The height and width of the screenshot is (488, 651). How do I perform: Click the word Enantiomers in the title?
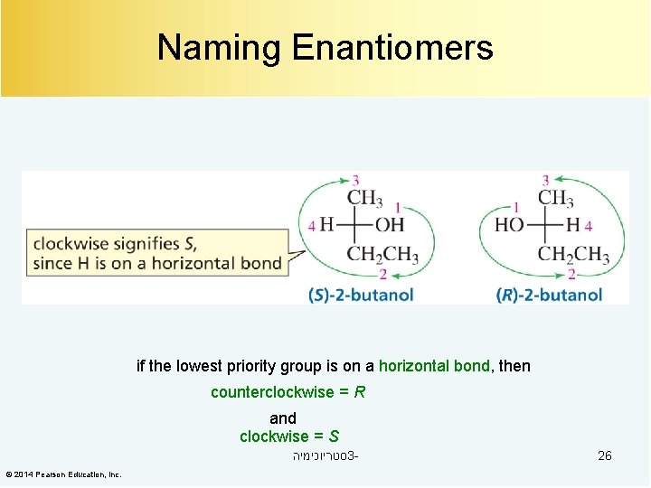[392, 48]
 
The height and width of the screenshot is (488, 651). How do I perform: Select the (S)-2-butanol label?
[361, 295]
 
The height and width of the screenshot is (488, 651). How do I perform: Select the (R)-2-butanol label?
[549, 295]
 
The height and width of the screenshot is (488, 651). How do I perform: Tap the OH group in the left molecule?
[390, 225]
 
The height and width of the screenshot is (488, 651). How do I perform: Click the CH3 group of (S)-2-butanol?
[365, 198]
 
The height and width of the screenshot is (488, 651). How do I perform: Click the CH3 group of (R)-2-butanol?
[555, 198]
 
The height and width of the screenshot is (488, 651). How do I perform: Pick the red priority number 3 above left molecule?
[355, 181]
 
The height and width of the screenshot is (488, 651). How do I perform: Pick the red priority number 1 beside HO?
[515, 207]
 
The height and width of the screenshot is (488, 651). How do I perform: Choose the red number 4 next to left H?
[312, 225]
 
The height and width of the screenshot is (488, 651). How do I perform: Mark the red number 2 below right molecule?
[571, 274]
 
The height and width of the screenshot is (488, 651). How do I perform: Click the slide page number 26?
[605, 455]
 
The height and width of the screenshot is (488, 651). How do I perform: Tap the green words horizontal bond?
[434, 366]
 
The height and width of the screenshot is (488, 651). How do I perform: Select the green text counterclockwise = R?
[288, 392]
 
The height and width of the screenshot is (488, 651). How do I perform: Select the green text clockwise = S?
[289, 436]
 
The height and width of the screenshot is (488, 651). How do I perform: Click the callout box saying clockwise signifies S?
[158, 254]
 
